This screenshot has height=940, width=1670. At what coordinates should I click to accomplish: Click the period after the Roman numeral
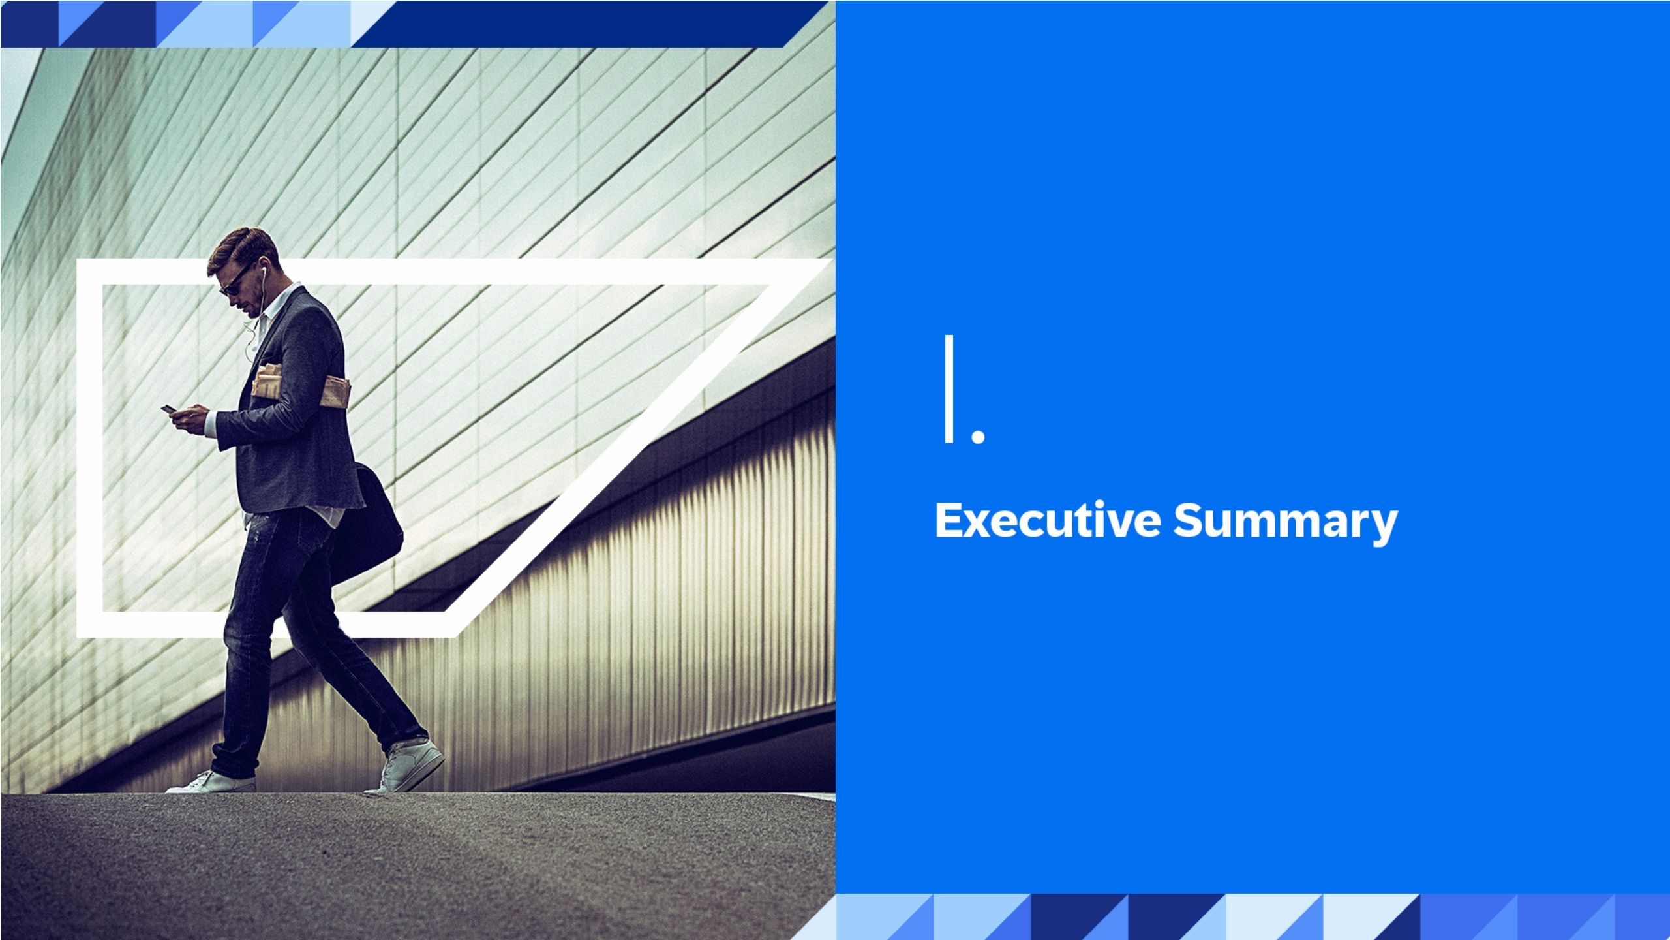tap(978, 435)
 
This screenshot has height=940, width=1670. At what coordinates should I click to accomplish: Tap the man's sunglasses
tap(234, 281)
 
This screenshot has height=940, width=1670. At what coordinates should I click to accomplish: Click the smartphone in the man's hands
tap(169, 409)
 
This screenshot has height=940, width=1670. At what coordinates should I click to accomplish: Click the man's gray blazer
tap(294, 405)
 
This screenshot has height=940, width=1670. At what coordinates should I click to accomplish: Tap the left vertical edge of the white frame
tap(89, 448)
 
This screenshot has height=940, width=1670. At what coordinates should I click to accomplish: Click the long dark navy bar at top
tap(574, 23)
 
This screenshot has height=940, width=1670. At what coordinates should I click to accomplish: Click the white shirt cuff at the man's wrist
tap(211, 424)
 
